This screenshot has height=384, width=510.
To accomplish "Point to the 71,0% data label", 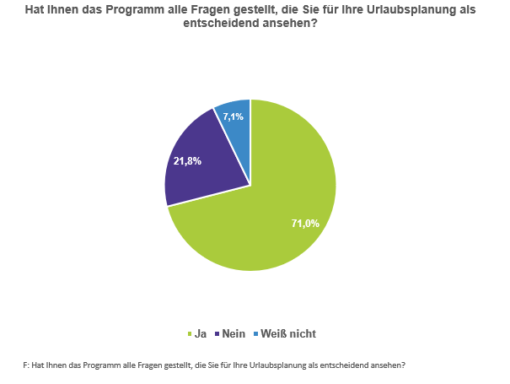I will pyautogui.click(x=305, y=224).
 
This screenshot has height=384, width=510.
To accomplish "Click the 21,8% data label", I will pyautogui.click(x=186, y=161).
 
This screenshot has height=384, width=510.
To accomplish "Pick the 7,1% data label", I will pyautogui.click(x=234, y=117).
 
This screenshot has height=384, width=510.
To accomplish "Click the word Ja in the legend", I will pyautogui.click(x=201, y=333).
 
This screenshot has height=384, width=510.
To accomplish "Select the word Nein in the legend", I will pyautogui.click(x=234, y=333).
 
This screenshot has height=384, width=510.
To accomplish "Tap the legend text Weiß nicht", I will pyautogui.click(x=288, y=333).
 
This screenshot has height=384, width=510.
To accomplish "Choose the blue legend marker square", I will pyautogui.click(x=255, y=334).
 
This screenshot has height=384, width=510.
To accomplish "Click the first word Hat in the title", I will pyautogui.click(x=36, y=10).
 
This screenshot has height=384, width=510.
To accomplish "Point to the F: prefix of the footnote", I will pyautogui.click(x=26, y=365).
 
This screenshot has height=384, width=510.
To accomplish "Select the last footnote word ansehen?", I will pyautogui.click(x=388, y=365).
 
